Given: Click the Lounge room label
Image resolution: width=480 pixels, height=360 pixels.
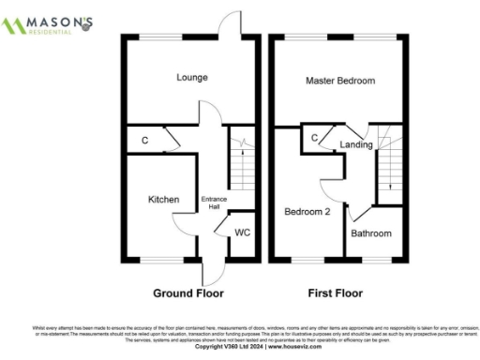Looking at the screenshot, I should click(x=191, y=78).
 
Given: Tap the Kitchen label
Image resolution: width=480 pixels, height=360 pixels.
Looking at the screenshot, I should click(x=163, y=200).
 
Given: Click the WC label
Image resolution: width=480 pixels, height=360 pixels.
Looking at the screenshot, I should click(x=243, y=232).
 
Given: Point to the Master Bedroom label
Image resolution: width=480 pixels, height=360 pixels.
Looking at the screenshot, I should click(x=340, y=82).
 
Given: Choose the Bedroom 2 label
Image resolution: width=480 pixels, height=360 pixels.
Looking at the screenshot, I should click(x=307, y=212).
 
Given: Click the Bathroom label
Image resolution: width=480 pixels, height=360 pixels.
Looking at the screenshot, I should click(x=371, y=232).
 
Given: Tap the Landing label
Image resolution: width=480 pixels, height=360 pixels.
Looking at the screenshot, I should click(x=356, y=144).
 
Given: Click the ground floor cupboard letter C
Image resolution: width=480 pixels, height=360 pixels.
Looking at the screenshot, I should click(x=144, y=141).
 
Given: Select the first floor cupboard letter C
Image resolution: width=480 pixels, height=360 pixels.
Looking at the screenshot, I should click(x=313, y=138).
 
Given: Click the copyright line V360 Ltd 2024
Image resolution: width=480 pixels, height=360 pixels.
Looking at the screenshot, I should click(x=239, y=346).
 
